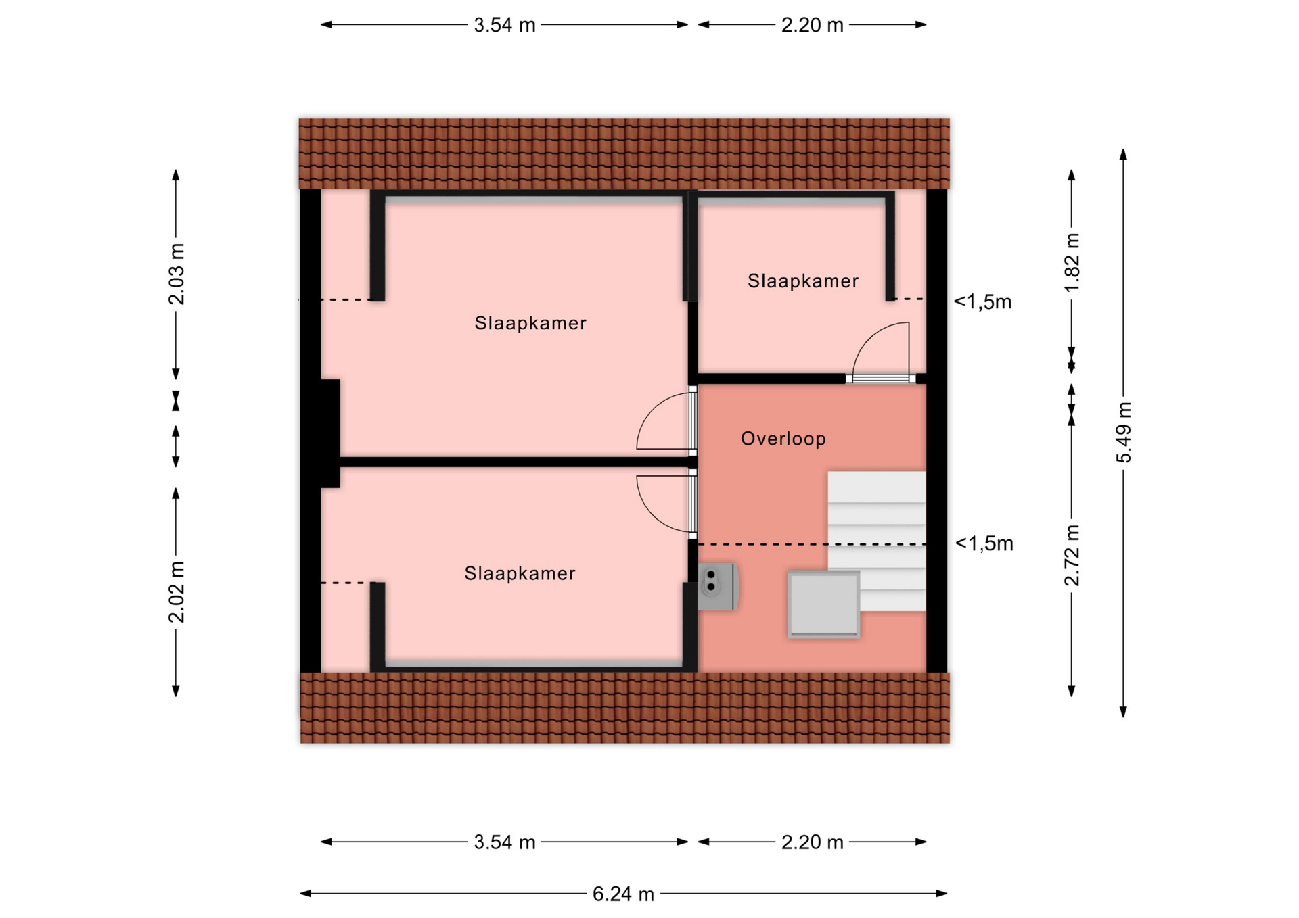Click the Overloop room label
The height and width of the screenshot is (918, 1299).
[x=783, y=439]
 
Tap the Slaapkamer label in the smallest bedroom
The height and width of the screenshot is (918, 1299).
[x=803, y=281]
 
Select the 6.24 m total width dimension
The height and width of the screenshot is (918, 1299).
[x=623, y=894]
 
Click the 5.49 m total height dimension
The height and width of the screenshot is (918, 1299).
[x=1123, y=433]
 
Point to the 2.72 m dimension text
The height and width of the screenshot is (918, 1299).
[x=1072, y=555]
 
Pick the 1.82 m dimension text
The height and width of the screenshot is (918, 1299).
[x=1072, y=262]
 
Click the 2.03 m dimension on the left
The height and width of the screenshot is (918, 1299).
[x=176, y=274]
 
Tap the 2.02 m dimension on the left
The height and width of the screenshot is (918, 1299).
[x=176, y=591]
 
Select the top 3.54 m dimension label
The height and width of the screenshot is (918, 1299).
[x=505, y=25]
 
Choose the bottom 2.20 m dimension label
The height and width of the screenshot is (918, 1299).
[x=813, y=842]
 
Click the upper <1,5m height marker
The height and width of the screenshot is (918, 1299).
[x=983, y=302]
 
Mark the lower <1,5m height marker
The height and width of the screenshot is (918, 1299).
[x=984, y=543]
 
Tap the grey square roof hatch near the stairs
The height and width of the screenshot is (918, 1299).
[x=823, y=604]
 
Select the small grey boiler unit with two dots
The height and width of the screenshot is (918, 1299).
[x=718, y=587]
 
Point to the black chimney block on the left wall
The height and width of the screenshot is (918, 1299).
[x=329, y=433]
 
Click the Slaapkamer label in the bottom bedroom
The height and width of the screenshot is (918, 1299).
[x=520, y=574]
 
